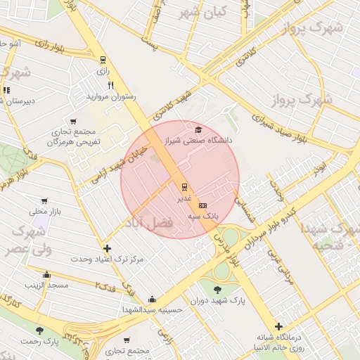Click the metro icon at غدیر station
pyautogui.click(x=184, y=187)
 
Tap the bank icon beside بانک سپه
pyautogui.click(x=203, y=205)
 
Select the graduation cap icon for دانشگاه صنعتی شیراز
pyautogui.click(x=198, y=130)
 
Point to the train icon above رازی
pyautogui.click(x=103, y=60)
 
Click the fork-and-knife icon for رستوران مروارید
pyautogui.click(x=110, y=85)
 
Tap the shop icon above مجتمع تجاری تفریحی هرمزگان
pyautogui.click(x=72, y=121)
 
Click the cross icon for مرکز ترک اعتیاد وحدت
pyautogui.click(x=107, y=248)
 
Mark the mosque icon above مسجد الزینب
pyautogui.click(x=46, y=274)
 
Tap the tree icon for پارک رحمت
pyautogui.click(x=39, y=330)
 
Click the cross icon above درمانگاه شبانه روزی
pyautogui.click(x=279, y=326)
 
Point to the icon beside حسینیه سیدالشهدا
pyautogui.click(x=152, y=300)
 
